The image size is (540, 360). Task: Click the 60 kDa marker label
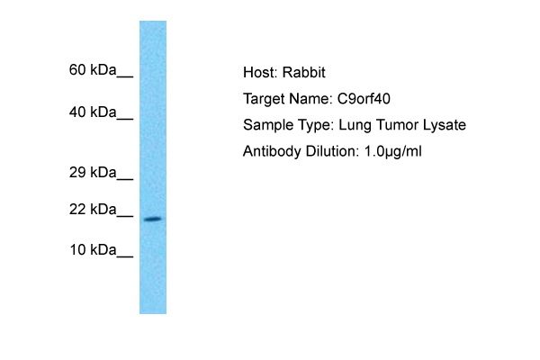[93, 70]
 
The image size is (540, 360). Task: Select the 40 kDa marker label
[93, 112]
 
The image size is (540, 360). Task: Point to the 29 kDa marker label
[93, 172]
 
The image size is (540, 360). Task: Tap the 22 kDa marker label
[93, 209]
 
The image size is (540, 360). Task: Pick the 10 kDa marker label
[93, 250]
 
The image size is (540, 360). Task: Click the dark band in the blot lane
[153, 219]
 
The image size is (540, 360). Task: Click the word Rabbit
[304, 72]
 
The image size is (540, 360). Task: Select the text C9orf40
[364, 99]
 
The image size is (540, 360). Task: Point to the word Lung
[355, 125]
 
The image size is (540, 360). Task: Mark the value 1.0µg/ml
[393, 151]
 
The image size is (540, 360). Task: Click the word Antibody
[272, 151]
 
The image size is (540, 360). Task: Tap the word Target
[264, 99]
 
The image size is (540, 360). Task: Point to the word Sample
[267, 125]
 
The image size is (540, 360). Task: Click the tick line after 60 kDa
[125, 76]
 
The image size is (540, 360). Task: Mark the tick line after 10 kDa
[125, 256]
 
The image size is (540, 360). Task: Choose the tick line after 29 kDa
[125, 179]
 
